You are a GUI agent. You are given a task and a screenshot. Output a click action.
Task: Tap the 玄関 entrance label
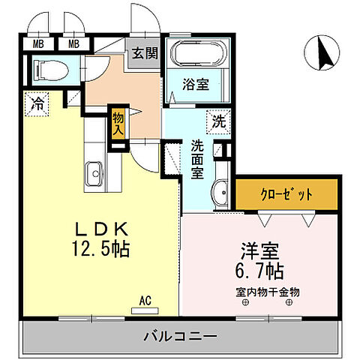click(145, 54)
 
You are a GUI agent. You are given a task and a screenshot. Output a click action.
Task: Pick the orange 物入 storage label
click(118, 122)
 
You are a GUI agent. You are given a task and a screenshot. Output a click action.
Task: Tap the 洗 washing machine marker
click(217, 120)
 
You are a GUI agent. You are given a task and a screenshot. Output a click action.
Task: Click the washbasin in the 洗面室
click(220, 194)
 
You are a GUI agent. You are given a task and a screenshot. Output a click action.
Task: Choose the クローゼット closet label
click(286, 193)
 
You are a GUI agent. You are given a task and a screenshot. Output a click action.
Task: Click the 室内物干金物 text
click(268, 291)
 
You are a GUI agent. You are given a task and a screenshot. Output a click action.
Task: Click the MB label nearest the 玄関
click(74, 43)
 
